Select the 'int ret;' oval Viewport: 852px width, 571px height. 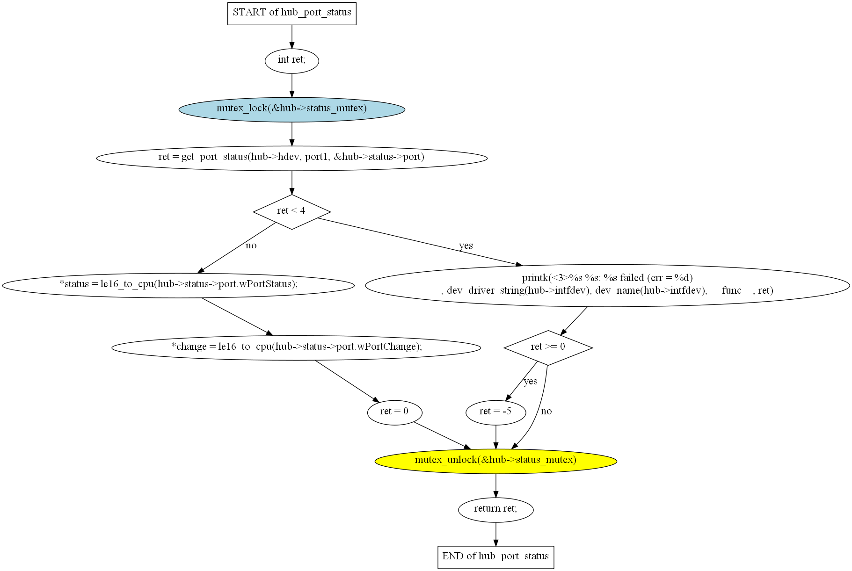pos(291,60)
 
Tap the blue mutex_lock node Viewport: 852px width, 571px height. pos(291,109)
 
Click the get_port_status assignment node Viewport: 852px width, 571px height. pos(291,158)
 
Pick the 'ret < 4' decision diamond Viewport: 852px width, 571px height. pos(291,212)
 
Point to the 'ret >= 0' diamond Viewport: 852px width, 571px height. pos(548,347)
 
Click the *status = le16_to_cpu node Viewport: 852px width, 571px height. pos(178,285)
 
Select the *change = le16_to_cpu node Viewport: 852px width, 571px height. pos(296,347)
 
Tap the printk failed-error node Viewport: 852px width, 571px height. pos(607,285)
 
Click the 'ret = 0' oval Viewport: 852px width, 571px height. pos(394,412)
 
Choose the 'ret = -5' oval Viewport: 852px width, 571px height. pos(495,412)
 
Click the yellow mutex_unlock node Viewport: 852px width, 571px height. pos(495,461)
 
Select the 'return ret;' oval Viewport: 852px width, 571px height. pos(495,510)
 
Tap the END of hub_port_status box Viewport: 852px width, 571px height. pos(495,557)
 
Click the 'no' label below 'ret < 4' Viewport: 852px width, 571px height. pos(251,246)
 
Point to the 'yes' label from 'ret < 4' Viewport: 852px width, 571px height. pos(466,246)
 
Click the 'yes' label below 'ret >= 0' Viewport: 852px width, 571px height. pos(530,382)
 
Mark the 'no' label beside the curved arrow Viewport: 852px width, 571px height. pos(546,412)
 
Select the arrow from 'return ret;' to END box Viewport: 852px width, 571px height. pos(495,534)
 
